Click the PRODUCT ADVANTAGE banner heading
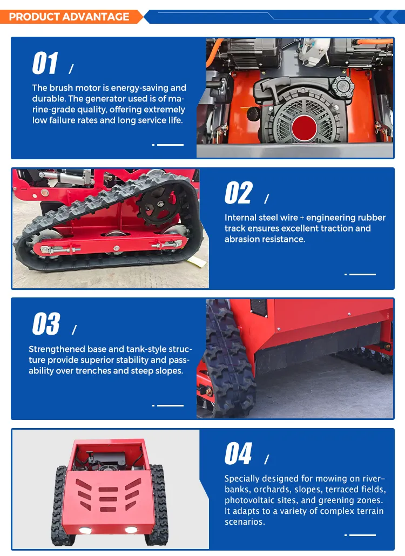[69, 17]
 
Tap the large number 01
[45, 63]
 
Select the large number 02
[239, 193]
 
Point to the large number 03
[46, 324]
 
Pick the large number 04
[238, 453]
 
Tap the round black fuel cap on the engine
[342, 86]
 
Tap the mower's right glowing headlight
[131, 530]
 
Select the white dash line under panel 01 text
[168, 145]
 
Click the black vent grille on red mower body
[259, 308]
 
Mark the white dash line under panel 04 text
[360, 535]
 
